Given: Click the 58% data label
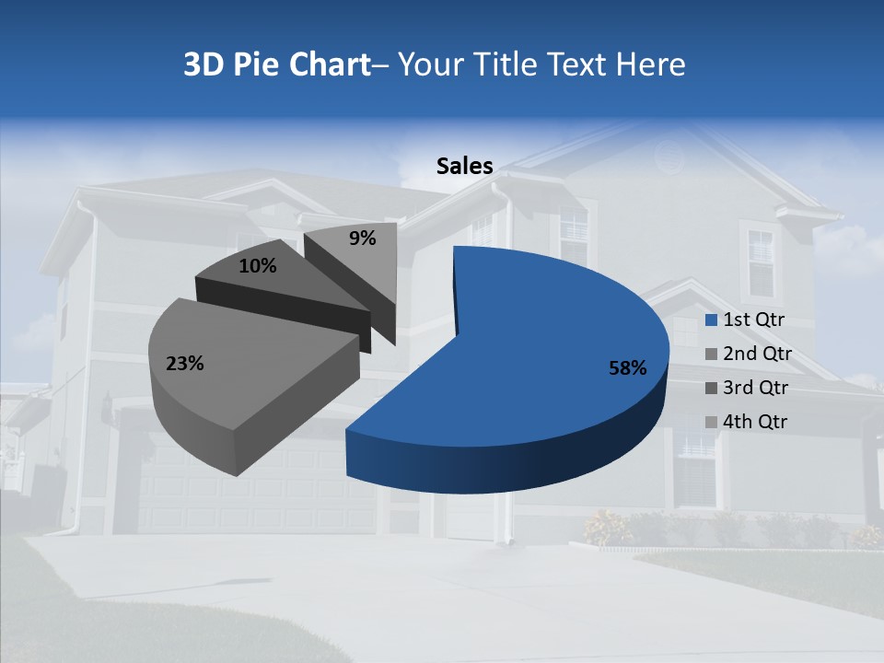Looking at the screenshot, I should tap(628, 368).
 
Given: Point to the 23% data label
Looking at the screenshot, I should tap(184, 364).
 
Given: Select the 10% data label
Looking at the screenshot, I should tap(257, 266).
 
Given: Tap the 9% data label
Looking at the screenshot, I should tap(363, 238).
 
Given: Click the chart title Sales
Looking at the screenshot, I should tap(464, 166).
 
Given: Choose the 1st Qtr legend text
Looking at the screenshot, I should tap(753, 320).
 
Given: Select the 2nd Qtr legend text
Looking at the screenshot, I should tap(757, 355).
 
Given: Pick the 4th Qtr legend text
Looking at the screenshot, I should tap(755, 422).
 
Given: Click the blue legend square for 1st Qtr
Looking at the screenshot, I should tap(710, 320).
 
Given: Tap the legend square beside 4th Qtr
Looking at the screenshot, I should tap(710, 422).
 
